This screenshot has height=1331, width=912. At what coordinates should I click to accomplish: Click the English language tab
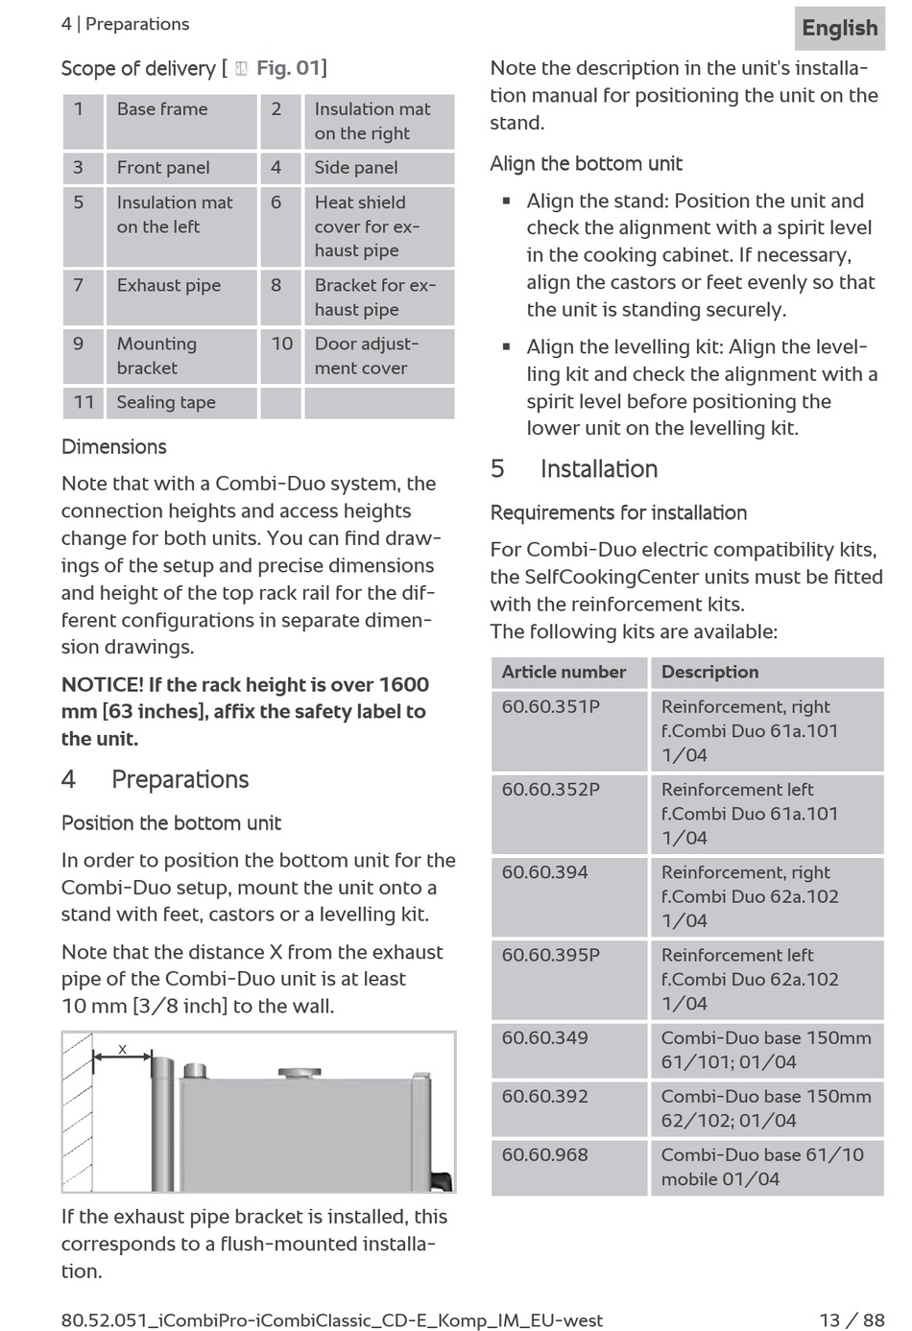840,28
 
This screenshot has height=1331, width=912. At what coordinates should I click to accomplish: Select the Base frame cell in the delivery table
162,109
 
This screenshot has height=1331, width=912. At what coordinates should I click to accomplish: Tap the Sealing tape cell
166,403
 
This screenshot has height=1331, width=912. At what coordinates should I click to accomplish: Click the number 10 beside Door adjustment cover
281,344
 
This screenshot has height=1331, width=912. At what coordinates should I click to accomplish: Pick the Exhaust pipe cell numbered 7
169,286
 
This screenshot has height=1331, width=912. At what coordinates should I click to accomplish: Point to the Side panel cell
356,168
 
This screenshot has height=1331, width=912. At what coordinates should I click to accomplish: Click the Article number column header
564,673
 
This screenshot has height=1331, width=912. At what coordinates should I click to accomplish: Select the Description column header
709,673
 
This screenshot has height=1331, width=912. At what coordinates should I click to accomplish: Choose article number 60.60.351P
551,707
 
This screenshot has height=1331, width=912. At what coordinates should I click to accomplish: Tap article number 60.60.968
545,1155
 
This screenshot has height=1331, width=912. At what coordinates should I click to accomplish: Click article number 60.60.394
545,873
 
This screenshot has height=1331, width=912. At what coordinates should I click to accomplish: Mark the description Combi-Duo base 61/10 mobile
762,1167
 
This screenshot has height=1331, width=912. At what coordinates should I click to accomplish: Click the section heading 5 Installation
574,469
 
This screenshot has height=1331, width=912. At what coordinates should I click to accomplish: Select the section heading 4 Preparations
156,780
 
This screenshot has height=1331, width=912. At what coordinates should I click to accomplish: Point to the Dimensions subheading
114,447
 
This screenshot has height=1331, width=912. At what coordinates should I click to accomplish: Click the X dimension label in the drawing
122,1050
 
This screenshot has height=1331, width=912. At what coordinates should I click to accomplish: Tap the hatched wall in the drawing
77,1113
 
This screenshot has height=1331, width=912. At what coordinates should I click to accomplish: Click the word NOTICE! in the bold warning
102,685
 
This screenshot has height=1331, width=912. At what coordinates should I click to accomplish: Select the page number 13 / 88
852,1320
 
